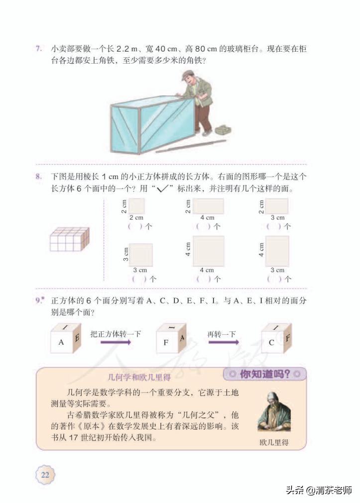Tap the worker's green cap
[187, 75]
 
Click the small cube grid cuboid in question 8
[69, 239]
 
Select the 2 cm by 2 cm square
[137, 206]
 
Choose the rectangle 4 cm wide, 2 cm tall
[208, 206]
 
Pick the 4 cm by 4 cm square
[208, 251]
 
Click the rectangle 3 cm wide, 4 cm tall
[277, 251]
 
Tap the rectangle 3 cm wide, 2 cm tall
[277, 206]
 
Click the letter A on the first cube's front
[61, 342]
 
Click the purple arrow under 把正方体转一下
[118, 342]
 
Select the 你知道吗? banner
[264, 374]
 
